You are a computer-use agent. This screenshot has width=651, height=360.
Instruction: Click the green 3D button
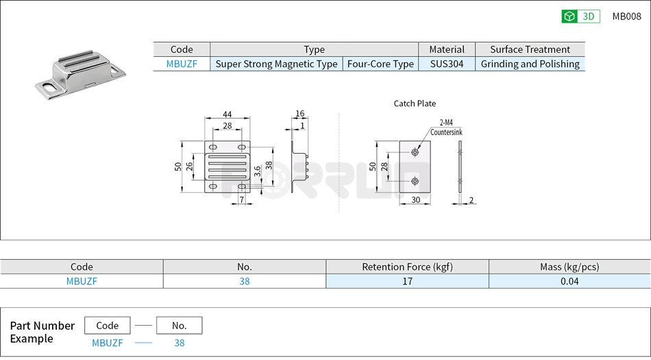tap(580, 16)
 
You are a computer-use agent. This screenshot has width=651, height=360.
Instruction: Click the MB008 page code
tap(626, 16)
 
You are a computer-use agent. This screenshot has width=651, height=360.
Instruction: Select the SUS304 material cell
tap(446, 64)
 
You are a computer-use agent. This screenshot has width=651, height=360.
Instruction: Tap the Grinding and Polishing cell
tap(530, 64)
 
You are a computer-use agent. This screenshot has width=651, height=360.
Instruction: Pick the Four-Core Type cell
tap(380, 64)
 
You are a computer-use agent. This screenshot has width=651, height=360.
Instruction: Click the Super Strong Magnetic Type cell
tap(276, 64)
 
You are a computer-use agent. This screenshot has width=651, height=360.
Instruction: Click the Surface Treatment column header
tap(530, 49)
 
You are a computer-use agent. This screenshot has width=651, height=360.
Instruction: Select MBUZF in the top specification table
tap(182, 64)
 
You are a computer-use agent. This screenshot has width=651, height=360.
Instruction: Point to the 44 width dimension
tap(226, 115)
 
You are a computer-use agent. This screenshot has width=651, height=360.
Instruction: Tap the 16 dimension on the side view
tap(299, 114)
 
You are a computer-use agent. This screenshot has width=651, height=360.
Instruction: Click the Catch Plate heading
tap(415, 104)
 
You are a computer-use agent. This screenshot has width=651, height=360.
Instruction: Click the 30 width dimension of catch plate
tap(415, 200)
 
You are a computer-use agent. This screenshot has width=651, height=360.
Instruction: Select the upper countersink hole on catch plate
tap(415, 152)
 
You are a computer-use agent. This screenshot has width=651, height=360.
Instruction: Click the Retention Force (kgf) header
tap(407, 267)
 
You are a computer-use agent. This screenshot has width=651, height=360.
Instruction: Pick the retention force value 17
tap(407, 281)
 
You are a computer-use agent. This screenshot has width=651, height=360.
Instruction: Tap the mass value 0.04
tap(569, 281)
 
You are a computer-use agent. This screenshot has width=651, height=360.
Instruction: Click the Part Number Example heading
tap(42, 332)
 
